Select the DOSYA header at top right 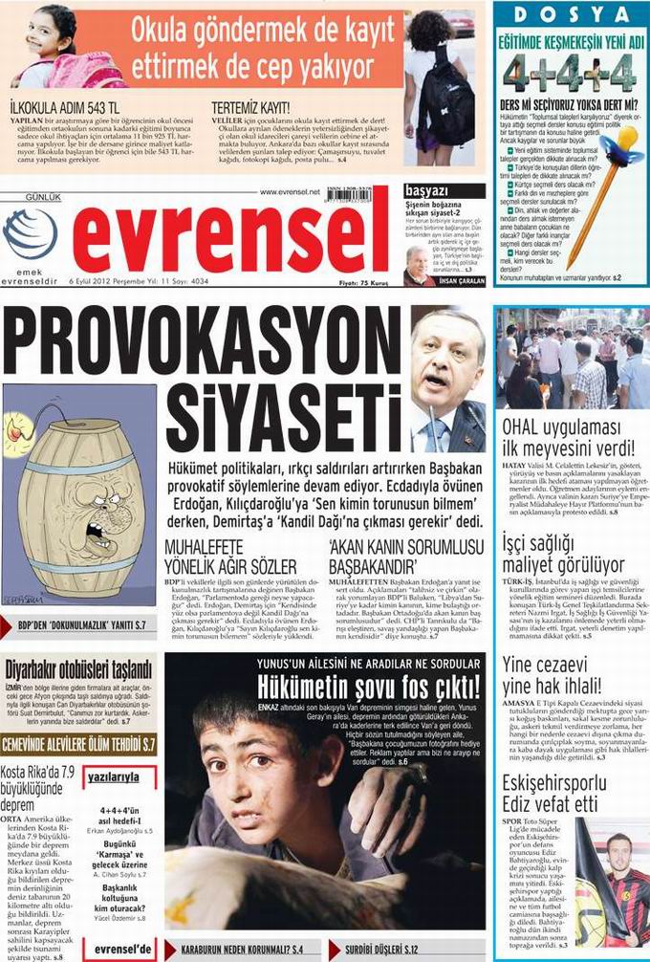click(571, 14)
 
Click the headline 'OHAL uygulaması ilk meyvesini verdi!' click(568, 435)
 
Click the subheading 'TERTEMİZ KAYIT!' click(249, 108)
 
